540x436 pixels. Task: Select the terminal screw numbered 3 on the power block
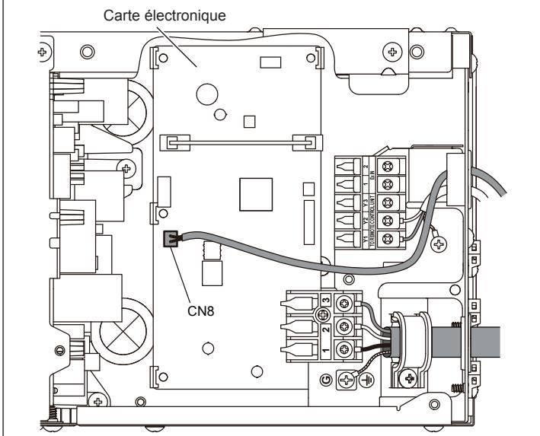pyautogui.click(x=345, y=304)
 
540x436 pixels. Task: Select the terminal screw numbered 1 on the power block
pyautogui.click(x=345, y=349)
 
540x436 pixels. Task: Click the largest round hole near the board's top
pyautogui.click(x=206, y=93)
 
